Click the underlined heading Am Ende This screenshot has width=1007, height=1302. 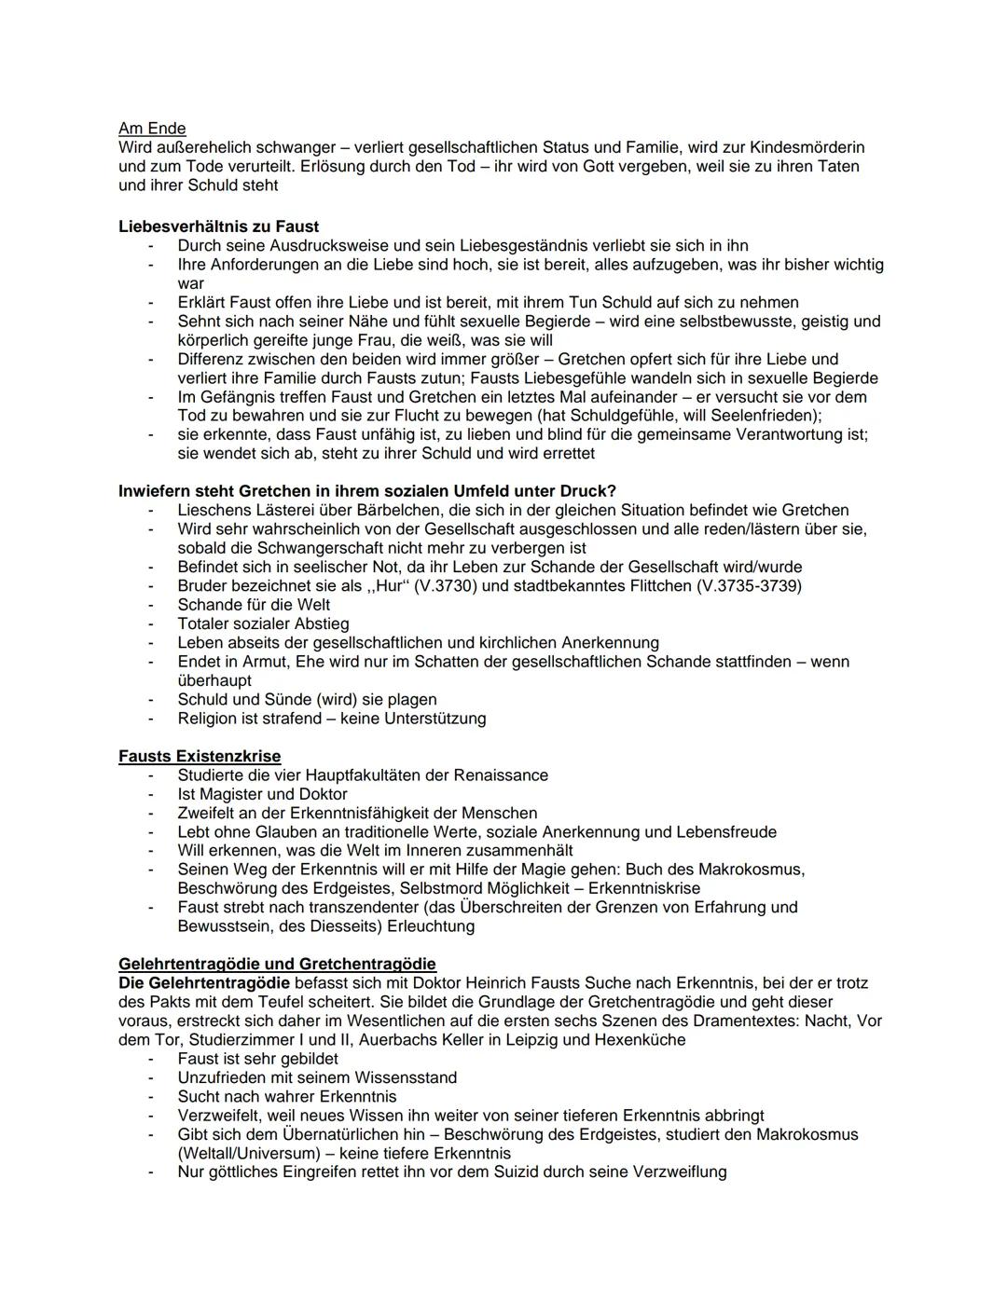point(152,129)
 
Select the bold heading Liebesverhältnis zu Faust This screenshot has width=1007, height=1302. point(218,226)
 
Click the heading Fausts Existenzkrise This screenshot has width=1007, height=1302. point(200,756)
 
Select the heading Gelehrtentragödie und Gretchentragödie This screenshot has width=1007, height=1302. point(277,964)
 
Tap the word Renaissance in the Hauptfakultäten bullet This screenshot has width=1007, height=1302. point(501,775)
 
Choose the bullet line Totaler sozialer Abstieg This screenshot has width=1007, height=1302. point(263,624)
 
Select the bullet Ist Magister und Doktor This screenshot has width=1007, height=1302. point(262,794)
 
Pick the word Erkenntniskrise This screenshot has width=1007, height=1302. point(643,888)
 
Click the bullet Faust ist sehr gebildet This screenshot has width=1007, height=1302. point(257,1059)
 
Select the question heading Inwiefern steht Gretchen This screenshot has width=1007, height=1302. point(366,491)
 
